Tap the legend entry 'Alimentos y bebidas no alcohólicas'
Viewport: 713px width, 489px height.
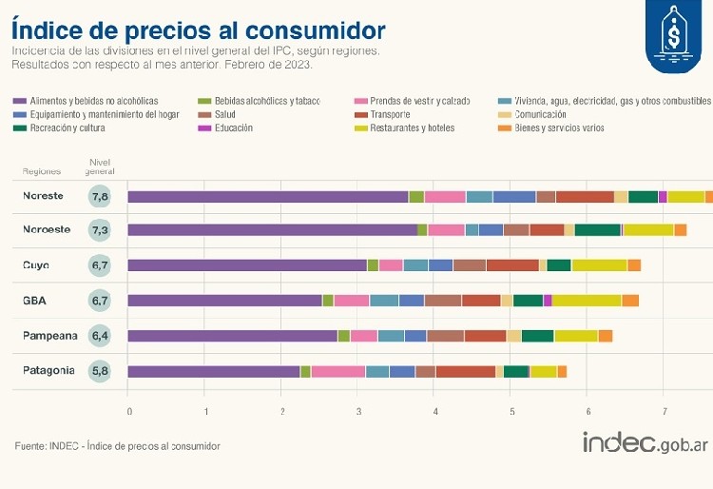93,101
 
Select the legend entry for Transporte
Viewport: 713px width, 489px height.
390,114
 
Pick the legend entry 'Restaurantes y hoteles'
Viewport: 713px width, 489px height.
414,127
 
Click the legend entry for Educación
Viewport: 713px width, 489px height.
233,127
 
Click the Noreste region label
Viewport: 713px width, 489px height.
43,196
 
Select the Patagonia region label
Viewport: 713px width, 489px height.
48,371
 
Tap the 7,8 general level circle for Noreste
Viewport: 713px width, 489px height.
100,197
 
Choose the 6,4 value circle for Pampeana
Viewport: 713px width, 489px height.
100,336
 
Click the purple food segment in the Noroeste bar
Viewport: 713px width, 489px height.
272,230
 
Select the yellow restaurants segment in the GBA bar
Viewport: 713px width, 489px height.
587,301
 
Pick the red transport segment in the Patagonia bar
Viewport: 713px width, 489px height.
465,371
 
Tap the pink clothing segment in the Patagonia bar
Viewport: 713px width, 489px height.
337,371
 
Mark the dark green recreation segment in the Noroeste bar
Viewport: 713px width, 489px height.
597,230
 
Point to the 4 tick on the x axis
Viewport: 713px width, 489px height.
435,411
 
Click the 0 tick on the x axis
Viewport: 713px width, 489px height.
129,411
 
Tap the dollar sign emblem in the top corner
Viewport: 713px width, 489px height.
675,35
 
